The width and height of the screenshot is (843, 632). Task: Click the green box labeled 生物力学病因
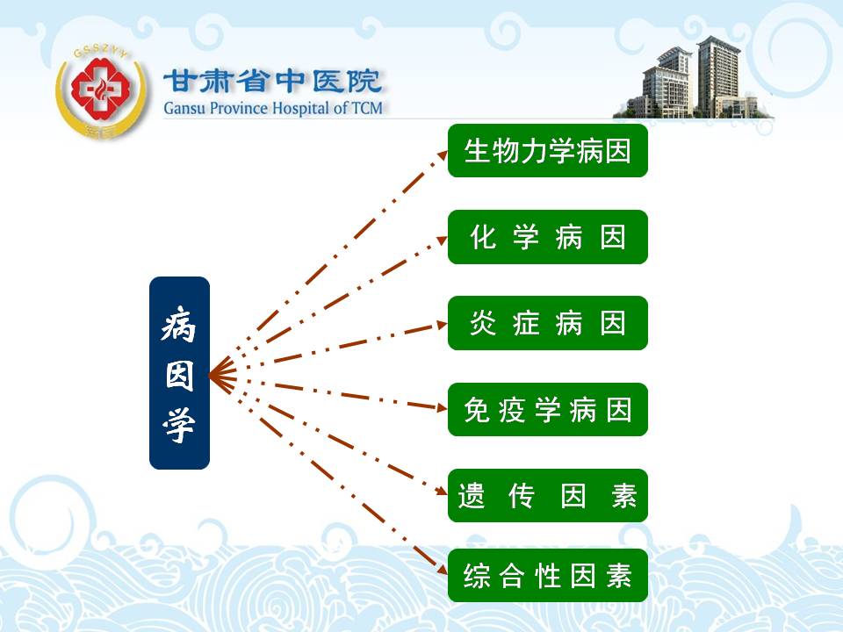click(547, 150)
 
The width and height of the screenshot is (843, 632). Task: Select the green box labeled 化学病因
click(547, 237)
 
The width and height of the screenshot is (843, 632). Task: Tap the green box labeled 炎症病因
click(547, 323)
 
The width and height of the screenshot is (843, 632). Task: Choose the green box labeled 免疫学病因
click(547, 410)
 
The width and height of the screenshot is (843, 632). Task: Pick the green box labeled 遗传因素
click(547, 495)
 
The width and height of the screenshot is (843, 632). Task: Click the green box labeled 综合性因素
click(547, 576)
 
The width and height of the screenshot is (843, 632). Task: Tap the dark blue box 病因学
click(179, 373)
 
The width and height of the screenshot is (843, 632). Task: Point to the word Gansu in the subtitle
click(185, 108)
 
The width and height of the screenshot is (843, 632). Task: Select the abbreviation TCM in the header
click(367, 108)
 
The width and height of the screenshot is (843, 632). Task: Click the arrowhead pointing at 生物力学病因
click(442, 155)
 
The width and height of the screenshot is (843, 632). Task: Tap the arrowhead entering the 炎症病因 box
click(442, 325)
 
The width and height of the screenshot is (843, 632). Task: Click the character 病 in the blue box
click(179, 324)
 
